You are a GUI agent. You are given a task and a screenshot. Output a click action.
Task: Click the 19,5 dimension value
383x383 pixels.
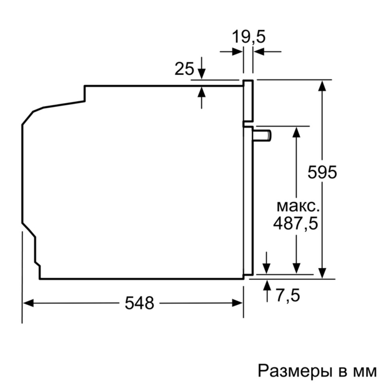(x=248, y=38)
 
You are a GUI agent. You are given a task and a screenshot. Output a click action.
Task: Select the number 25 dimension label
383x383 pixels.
(x=184, y=69)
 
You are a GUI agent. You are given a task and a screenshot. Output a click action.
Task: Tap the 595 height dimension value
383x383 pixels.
(x=322, y=172)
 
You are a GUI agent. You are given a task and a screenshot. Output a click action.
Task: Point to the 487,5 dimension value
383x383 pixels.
(x=295, y=224)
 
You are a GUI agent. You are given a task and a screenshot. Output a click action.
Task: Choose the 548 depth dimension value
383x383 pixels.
(x=139, y=303)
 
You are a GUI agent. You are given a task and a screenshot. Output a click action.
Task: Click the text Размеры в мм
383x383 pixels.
(x=317, y=371)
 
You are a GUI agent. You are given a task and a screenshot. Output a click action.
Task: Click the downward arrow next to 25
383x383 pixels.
(x=201, y=74)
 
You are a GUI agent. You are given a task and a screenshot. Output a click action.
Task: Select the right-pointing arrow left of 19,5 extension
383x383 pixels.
(x=238, y=51)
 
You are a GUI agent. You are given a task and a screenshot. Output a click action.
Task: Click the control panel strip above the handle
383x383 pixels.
(x=248, y=101)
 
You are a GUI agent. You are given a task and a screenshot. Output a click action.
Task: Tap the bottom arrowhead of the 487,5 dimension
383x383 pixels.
(x=296, y=268)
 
